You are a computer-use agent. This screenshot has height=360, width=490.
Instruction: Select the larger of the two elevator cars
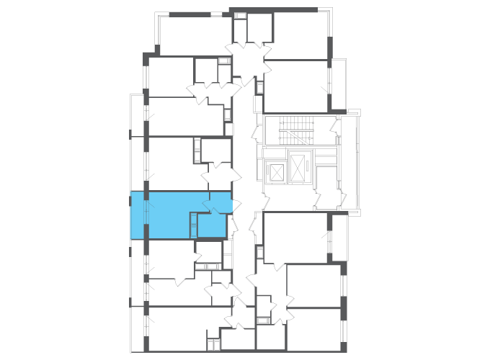tap(297, 168)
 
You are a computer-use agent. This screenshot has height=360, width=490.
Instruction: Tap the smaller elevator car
tap(275, 173)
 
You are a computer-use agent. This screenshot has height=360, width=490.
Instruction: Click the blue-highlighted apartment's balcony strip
tap(138, 215)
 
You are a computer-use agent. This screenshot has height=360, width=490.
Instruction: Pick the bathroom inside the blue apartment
tap(212, 225)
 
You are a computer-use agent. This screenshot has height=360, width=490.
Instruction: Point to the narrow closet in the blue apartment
tap(193, 225)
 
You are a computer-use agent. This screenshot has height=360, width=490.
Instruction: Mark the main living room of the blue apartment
tap(173, 215)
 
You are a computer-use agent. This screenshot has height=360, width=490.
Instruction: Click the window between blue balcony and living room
tap(146, 215)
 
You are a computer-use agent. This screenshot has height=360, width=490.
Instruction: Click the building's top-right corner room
tap(299, 35)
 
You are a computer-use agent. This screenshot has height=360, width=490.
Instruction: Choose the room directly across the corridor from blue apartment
tap(294, 236)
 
